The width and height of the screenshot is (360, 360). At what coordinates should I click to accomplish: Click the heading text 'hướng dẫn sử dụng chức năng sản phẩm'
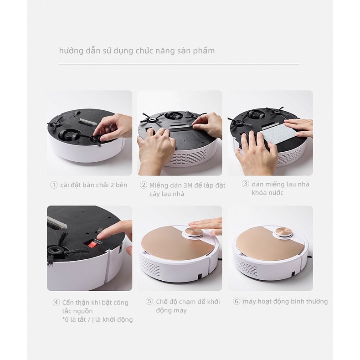point(137,51)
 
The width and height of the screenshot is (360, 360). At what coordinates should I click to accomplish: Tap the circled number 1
point(54,185)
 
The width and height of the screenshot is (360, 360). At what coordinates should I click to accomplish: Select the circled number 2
point(144,185)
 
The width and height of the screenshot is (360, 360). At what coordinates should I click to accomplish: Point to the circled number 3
point(245,184)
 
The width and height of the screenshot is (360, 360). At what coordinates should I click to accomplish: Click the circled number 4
point(56,302)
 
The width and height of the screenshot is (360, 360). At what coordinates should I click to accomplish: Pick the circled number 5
point(149,301)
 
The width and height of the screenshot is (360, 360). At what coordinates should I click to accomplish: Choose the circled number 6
point(236,301)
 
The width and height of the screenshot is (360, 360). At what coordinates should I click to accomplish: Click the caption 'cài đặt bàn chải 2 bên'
point(94,185)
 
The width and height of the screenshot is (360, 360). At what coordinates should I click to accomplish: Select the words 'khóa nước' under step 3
point(267,193)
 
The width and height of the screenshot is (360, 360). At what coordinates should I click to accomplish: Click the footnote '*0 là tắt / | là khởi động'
point(98,319)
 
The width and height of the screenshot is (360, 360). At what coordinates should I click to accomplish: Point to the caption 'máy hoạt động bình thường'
point(285,301)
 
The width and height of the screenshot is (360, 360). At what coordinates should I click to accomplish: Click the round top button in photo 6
point(284,233)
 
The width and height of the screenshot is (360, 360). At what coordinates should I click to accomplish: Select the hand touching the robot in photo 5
point(206,224)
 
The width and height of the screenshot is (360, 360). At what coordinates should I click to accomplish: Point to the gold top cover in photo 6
point(257,242)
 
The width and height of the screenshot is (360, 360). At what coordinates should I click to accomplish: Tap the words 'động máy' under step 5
point(171,310)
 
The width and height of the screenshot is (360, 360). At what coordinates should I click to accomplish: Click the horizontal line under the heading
point(179,64)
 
